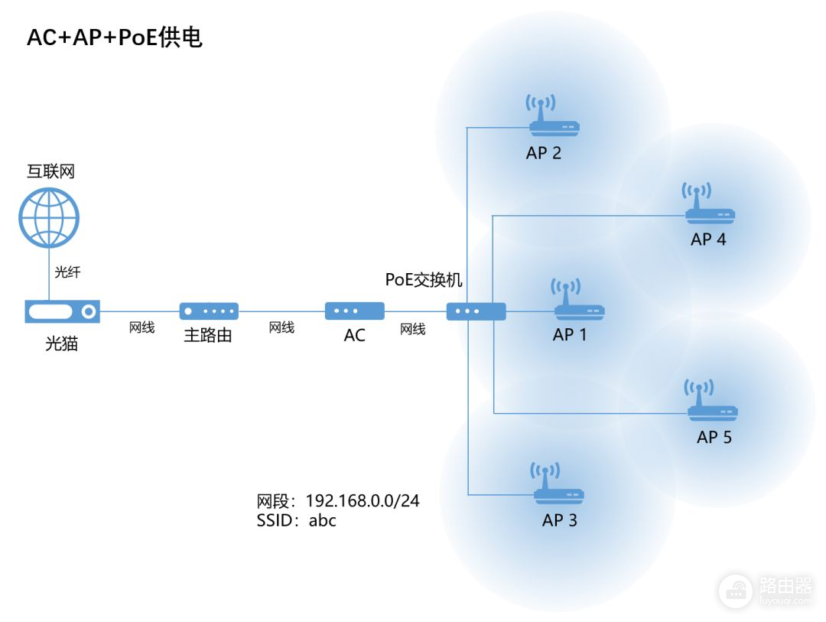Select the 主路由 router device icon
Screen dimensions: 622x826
coord(209,311)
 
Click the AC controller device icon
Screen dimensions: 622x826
coord(354,311)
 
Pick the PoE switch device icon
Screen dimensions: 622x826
coord(476,311)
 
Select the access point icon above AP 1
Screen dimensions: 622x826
coord(577,300)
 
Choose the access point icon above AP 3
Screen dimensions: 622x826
coord(559,483)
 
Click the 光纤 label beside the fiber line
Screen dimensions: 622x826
coord(68,272)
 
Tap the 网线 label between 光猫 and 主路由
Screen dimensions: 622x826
coord(141,327)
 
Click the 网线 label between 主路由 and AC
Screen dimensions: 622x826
coord(281,327)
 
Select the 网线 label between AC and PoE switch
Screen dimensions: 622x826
coord(413,329)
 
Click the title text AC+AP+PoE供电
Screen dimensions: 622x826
coord(115,37)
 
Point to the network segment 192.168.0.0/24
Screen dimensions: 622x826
coord(363,501)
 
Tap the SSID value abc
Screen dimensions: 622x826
coord(323,521)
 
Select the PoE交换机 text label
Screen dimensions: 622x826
coord(424,280)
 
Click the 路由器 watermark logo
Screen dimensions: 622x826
coord(766,590)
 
